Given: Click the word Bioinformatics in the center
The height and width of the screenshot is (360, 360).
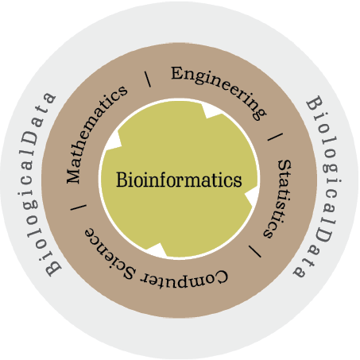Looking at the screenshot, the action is click(179, 180).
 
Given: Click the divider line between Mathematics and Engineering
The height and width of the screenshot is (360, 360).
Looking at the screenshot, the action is click(148, 79).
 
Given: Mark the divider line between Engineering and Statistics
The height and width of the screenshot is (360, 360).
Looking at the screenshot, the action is click(275, 137).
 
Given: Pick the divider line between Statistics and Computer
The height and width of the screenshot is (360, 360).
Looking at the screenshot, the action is click(255, 251).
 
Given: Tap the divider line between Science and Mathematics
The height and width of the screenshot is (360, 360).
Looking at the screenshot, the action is click(79, 207).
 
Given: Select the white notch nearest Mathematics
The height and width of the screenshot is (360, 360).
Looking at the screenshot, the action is click(114, 141).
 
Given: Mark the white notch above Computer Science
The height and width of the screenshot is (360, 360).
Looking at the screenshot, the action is click(157, 250).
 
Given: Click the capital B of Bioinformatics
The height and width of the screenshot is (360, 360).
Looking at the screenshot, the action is click(122, 180).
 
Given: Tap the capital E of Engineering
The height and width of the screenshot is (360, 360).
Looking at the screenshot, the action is click(177, 73).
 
